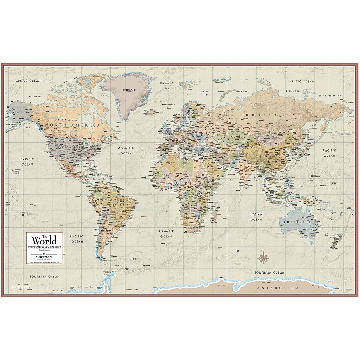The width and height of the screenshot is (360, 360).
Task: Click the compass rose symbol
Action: [x=263, y=257]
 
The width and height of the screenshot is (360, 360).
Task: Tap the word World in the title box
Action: [x=44, y=240]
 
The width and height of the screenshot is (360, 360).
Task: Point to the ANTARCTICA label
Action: [x=278, y=288]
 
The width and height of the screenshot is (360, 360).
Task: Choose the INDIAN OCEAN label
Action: [x=256, y=217]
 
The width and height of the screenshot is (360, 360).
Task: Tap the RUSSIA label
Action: [x=260, y=115]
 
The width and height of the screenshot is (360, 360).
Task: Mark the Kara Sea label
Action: [x=242, y=91]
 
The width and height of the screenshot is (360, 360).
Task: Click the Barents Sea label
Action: [x=206, y=93]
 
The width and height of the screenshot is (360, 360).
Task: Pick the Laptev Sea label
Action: [x=292, y=91]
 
